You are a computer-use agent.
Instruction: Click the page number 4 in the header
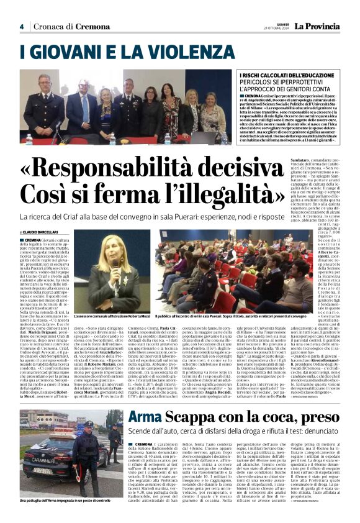pyautogui.click(x=22, y=27)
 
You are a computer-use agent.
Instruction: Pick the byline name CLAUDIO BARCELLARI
pyautogui.click(x=45, y=232)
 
